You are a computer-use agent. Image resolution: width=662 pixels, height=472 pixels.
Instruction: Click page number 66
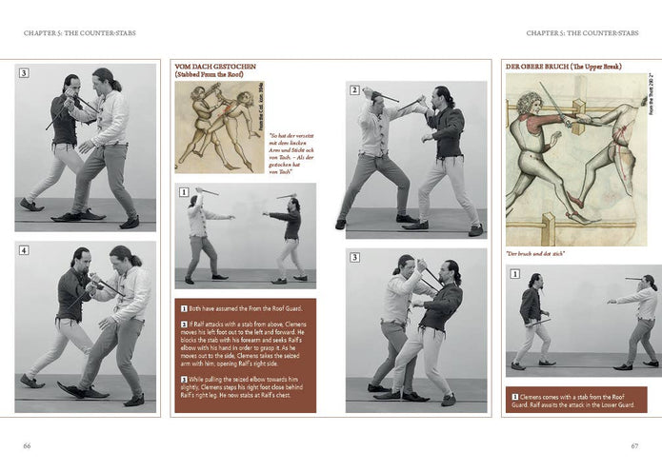click(x=28, y=444)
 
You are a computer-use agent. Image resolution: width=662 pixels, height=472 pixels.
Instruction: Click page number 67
click(x=633, y=444)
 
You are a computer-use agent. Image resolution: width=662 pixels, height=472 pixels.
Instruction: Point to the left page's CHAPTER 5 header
click(x=80, y=33)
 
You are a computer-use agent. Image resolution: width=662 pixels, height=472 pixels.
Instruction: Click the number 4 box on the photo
click(x=24, y=251)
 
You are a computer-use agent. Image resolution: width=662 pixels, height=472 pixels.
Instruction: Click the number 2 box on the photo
click(x=354, y=90)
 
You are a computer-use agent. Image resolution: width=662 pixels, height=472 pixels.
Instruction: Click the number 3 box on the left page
click(x=24, y=72)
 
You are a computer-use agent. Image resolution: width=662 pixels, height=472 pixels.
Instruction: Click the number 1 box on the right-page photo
click(x=515, y=274)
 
